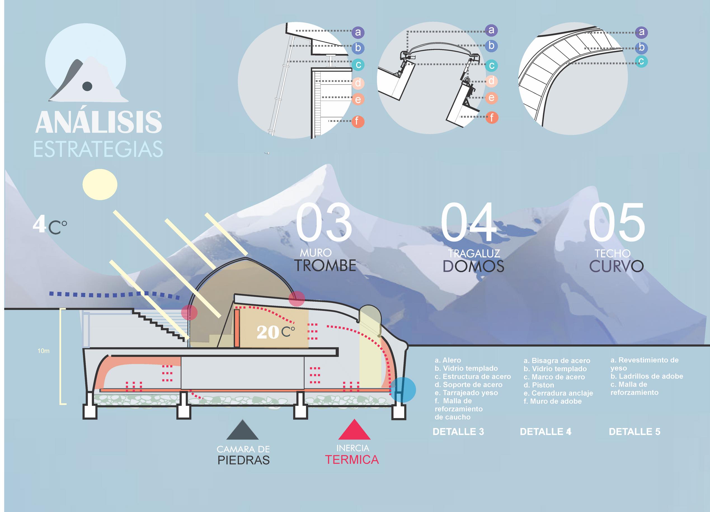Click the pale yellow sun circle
point(100,184)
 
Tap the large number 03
point(324,223)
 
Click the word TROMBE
point(325,266)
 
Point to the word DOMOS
point(473,266)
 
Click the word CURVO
point(616,266)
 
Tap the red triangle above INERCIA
point(354,430)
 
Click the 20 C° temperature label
point(275,332)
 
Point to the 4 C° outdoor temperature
point(50,226)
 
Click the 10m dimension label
point(44,351)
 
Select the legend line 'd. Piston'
point(539,385)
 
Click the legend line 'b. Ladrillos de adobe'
point(646,376)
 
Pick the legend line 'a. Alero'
point(448,360)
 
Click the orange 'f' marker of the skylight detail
point(492,118)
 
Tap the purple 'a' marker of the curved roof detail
point(641,32)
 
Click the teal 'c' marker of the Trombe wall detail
point(358,65)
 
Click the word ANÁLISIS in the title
point(98,122)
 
